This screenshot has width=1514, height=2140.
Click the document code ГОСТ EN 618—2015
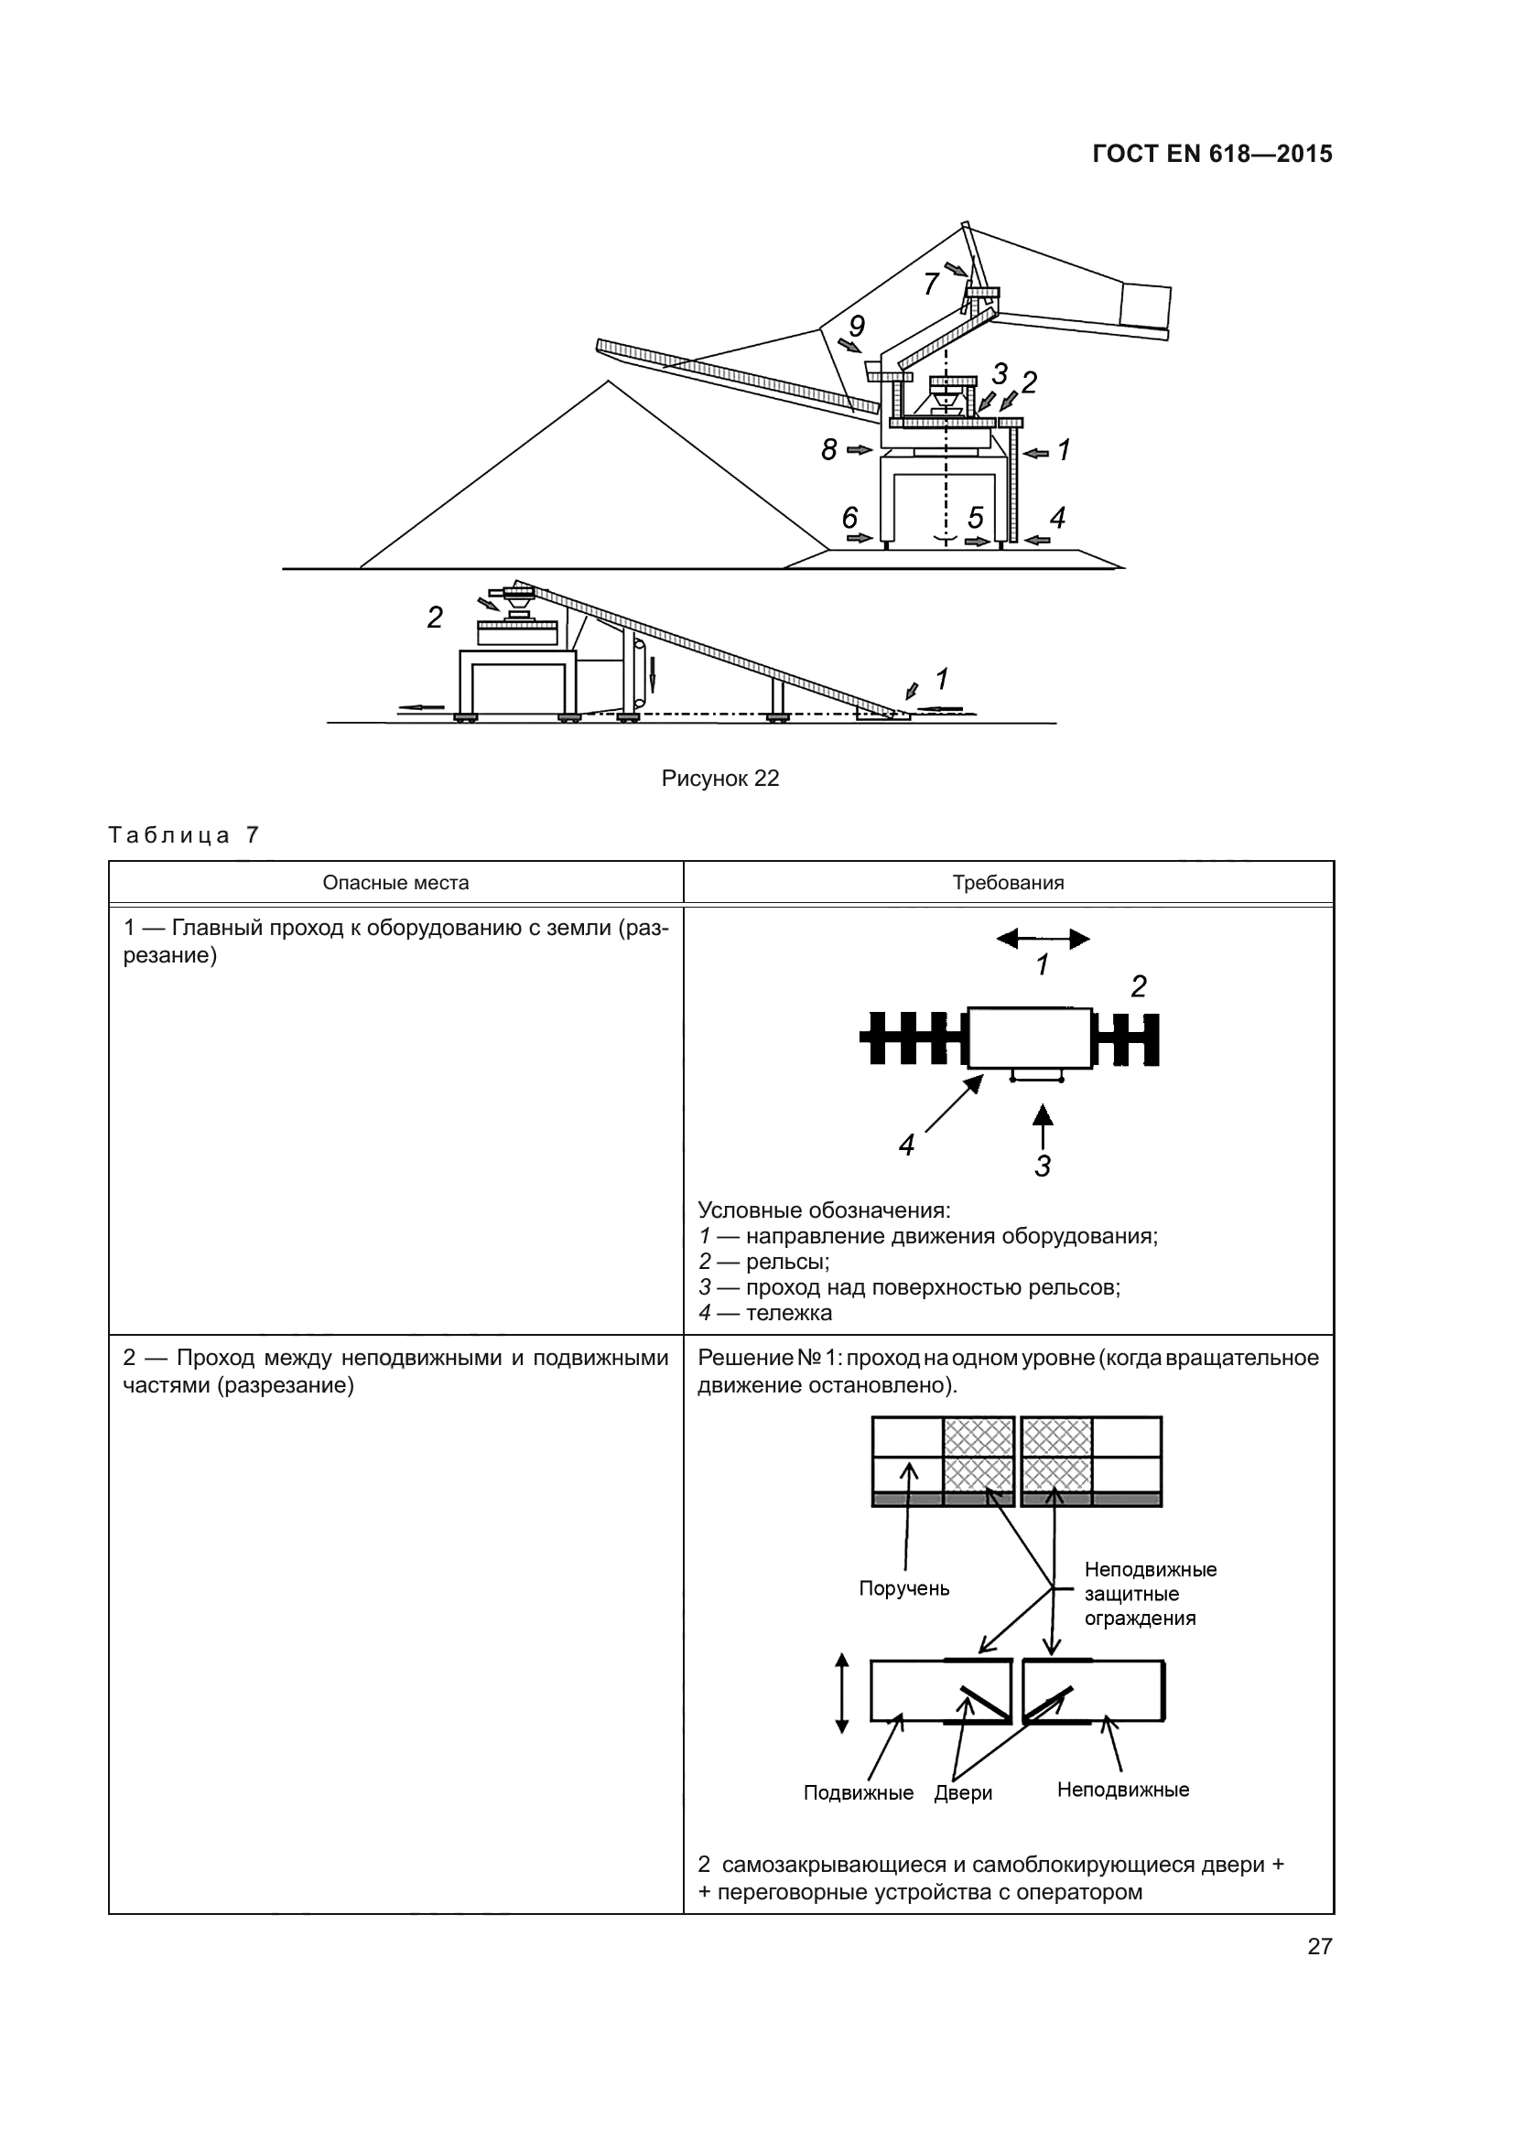coord(1212,154)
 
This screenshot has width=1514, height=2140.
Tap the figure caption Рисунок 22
coord(719,779)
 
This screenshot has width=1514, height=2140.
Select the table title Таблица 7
coord(184,834)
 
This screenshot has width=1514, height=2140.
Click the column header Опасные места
coord(395,883)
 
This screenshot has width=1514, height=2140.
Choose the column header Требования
coord(1008,883)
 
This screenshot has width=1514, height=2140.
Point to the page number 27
coord(1319,1946)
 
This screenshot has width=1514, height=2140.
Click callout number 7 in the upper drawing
coord(930,284)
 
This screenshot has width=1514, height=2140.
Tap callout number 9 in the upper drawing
coord(857,327)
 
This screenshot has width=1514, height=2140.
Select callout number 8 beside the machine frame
coord(828,450)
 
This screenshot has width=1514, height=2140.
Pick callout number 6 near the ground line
coord(849,517)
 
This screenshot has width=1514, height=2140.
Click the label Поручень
coord(903,1588)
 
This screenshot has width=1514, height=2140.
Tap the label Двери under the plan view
coord(963,1792)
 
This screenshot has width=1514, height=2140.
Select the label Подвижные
coord(858,1792)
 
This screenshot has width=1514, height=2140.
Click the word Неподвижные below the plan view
coord(1122,1790)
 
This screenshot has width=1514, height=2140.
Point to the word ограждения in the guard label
coord(1140,1618)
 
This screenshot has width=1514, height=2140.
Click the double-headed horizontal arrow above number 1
coord(1043,939)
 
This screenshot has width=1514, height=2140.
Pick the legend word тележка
coord(788,1313)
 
